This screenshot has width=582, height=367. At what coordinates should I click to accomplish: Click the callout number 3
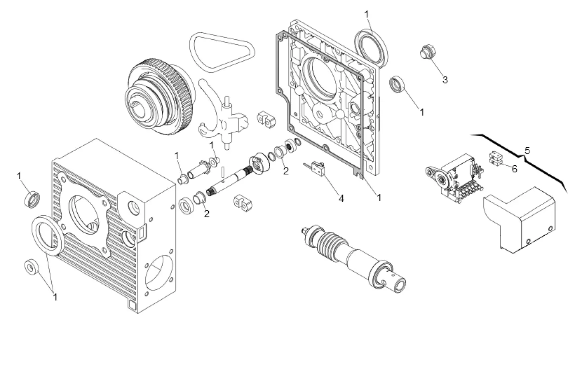point(445,80)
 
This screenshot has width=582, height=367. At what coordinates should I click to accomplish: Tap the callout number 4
point(341,198)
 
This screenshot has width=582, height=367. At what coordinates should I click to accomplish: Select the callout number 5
point(527,151)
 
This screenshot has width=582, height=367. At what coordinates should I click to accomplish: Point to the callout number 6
point(514,169)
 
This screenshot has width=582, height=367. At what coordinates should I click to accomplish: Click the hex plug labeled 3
point(427,52)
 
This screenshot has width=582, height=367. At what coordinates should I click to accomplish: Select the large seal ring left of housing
point(47,234)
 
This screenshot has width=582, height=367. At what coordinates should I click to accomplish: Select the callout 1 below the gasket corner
point(379,197)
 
